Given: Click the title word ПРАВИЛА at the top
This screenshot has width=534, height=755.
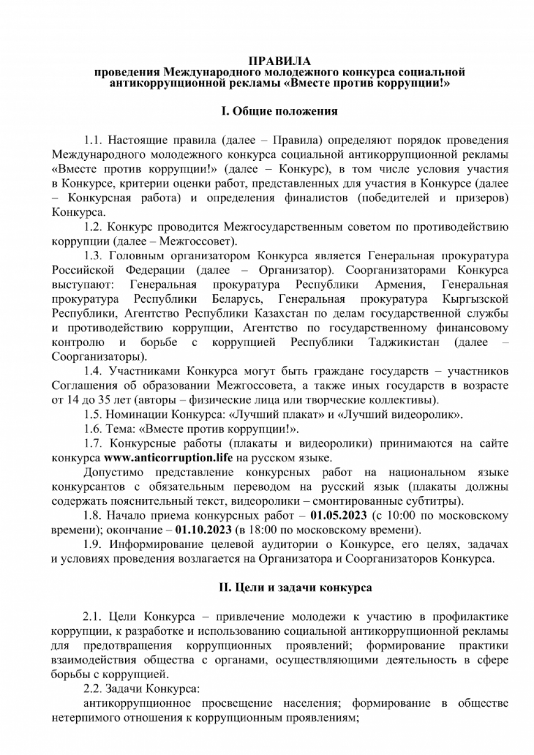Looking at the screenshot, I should click(x=279, y=61).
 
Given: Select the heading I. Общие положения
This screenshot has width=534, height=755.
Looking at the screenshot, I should click(x=279, y=111).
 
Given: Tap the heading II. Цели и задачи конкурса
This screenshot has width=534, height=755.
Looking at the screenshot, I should click(x=295, y=588).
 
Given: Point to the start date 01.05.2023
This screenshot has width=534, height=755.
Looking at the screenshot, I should click(x=339, y=516).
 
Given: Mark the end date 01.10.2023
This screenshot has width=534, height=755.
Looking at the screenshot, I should click(x=204, y=529).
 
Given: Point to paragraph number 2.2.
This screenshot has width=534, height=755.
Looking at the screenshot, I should click(x=93, y=689).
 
